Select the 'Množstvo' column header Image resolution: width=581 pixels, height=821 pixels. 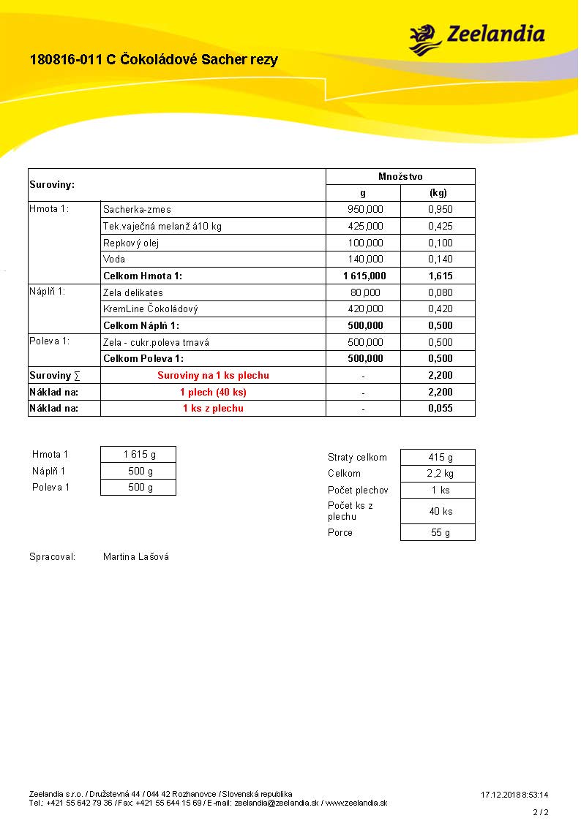[400, 177]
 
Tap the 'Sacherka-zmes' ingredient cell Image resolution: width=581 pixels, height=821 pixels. [138, 210]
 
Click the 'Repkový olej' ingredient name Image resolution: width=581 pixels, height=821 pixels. [131, 243]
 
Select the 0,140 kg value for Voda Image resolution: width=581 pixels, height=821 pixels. [440, 260]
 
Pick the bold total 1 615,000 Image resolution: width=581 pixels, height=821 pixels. [363, 276]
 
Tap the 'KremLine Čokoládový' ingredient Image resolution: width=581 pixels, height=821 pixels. [151, 309]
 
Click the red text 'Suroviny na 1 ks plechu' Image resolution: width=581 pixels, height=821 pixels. [213, 376]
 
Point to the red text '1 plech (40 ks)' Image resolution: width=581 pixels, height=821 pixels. [213, 393]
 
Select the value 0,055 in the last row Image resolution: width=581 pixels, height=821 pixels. [440, 409]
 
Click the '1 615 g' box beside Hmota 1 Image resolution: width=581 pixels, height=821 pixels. [138, 455]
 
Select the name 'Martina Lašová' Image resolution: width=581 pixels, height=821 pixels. [136, 557]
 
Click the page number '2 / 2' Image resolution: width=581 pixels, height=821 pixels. [540, 812]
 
